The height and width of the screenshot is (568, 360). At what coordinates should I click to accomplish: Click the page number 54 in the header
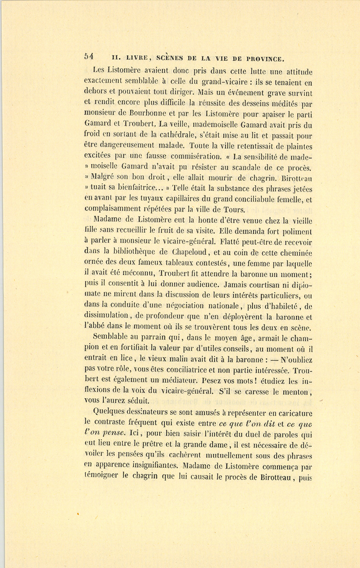coord(89,56)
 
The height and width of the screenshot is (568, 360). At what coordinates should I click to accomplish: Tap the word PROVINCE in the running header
coord(265,58)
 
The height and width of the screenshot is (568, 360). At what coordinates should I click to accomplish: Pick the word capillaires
coord(176,199)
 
